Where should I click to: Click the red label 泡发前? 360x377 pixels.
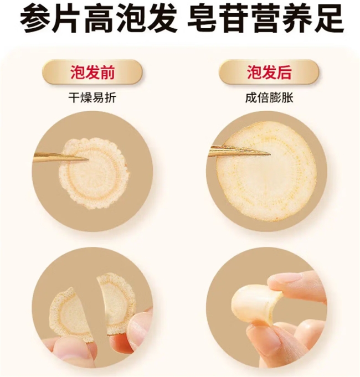[x=92, y=72]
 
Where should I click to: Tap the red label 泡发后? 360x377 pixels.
[x=269, y=72]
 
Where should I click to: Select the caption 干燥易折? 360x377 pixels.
[x=92, y=98]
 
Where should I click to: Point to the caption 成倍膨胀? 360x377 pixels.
[x=269, y=98]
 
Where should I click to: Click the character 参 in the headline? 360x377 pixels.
[x=35, y=18]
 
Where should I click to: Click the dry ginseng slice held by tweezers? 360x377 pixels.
[x=94, y=173]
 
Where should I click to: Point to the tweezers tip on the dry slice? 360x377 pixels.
[x=88, y=159]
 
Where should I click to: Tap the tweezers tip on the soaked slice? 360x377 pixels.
[x=270, y=154]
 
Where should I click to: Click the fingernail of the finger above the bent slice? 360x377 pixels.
[x=286, y=279]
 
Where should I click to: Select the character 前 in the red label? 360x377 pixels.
[x=107, y=72]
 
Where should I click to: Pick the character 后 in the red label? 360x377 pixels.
[x=284, y=72]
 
